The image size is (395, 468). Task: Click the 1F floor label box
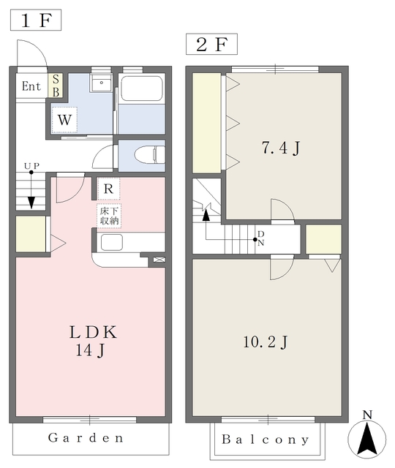coord(35,20)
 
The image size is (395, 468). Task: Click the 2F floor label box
coord(211,45)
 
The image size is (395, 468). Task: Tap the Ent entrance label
coord(31,86)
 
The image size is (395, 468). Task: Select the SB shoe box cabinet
coord(56,86)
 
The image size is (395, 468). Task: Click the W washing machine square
coord(65,118)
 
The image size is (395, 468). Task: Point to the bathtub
coord(141,89)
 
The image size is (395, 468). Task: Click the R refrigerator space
coord(108,189)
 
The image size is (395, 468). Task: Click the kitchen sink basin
coord(113,242)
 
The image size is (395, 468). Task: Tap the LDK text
coord(93,331)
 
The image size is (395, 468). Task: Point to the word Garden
coord(86,439)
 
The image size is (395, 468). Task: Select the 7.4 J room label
coord(282,149)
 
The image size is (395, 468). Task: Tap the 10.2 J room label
coord(263,341)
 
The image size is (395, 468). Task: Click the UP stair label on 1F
coord(31,167)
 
